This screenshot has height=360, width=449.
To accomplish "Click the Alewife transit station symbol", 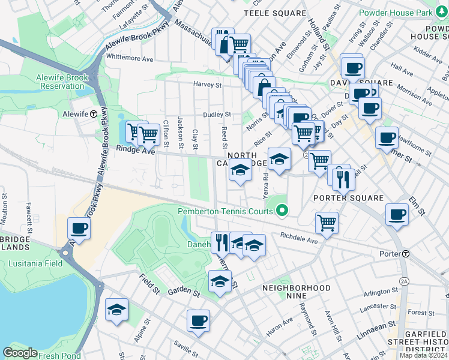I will [94, 113].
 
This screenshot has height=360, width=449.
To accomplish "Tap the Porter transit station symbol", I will [406, 254].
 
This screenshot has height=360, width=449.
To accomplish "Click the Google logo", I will [20, 353].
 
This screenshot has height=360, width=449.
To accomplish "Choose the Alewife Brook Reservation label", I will [62, 82].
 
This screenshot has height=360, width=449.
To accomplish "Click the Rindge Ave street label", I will [136, 150].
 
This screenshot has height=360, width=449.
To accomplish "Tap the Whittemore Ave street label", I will [130, 59].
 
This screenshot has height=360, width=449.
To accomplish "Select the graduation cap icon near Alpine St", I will [116, 310].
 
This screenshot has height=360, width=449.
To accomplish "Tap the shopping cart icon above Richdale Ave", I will [327, 222].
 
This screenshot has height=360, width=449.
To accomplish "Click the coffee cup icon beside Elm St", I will [397, 215].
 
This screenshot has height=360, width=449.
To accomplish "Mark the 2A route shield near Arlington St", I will [403, 281].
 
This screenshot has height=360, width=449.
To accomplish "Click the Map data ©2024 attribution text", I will [422, 354].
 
